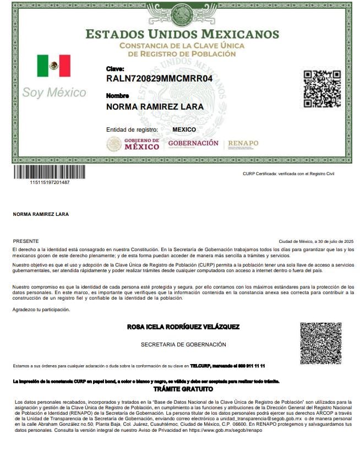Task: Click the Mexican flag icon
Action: point(54,66)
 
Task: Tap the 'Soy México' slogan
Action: point(54,92)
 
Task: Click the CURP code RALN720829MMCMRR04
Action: point(160,79)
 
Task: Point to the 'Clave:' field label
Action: point(115,69)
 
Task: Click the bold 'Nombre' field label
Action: point(117,96)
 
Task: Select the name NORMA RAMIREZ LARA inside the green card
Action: point(155,106)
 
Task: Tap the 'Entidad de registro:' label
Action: point(132,129)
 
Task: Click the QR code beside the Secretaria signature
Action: point(321,344)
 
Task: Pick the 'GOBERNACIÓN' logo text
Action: point(193,143)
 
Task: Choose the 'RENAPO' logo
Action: point(243,144)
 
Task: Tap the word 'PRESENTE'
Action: point(26,241)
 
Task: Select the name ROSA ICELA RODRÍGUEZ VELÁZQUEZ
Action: point(183,327)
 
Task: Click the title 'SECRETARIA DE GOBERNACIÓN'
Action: point(183,345)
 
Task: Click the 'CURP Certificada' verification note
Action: point(288,173)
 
